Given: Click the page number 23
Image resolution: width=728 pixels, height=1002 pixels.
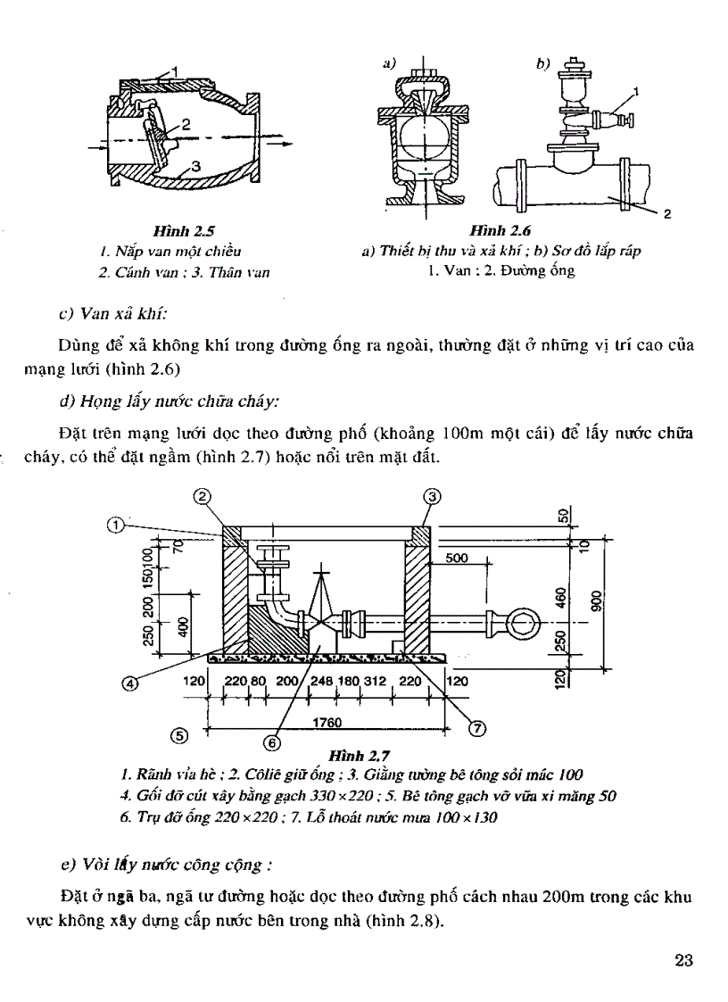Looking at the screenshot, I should pos(684,961).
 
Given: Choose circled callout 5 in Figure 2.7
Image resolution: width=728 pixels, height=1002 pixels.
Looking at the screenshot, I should pos(179,736).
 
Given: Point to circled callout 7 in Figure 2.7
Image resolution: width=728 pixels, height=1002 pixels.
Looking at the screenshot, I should pos(476,728).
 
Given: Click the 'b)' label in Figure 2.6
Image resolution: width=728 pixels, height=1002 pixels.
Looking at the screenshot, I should pos(543,63).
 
